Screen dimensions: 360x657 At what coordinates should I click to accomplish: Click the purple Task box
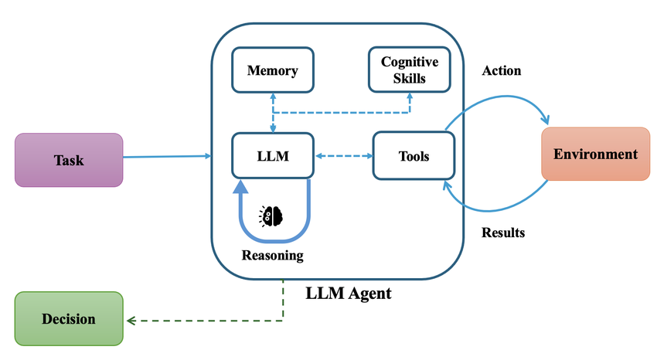tap(69, 160)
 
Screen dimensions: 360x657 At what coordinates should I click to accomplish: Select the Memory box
tap(272, 70)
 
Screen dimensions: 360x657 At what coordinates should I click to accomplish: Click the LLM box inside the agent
tap(272, 156)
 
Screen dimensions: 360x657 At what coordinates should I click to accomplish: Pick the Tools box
tap(414, 156)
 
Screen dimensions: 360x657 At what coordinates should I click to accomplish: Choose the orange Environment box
tap(595, 154)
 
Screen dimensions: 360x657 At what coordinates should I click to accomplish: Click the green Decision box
tap(69, 318)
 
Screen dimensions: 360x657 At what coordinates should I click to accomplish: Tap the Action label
tap(502, 70)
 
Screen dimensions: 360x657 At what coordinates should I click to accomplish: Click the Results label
tap(503, 232)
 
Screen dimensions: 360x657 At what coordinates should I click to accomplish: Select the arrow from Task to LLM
tap(166, 157)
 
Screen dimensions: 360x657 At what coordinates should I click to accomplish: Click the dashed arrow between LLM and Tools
tap(343, 156)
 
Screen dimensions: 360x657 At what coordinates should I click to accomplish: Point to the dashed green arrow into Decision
tap(209, 319)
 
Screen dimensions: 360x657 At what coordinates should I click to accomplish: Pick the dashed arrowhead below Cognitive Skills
tap(410, 97)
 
